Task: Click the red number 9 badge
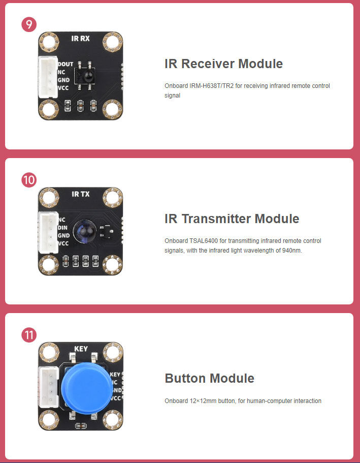[29, 24]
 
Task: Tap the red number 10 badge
[29, 179]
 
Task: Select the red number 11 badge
[29, 335]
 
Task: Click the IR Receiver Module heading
[223, 64]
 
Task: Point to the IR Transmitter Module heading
[232, 219]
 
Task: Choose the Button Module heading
[209, 379]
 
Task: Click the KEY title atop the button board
[81, 349]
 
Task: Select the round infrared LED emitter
[83, 231]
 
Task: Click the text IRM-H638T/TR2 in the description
[212, 86]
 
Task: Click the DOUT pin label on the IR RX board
[66, 65]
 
